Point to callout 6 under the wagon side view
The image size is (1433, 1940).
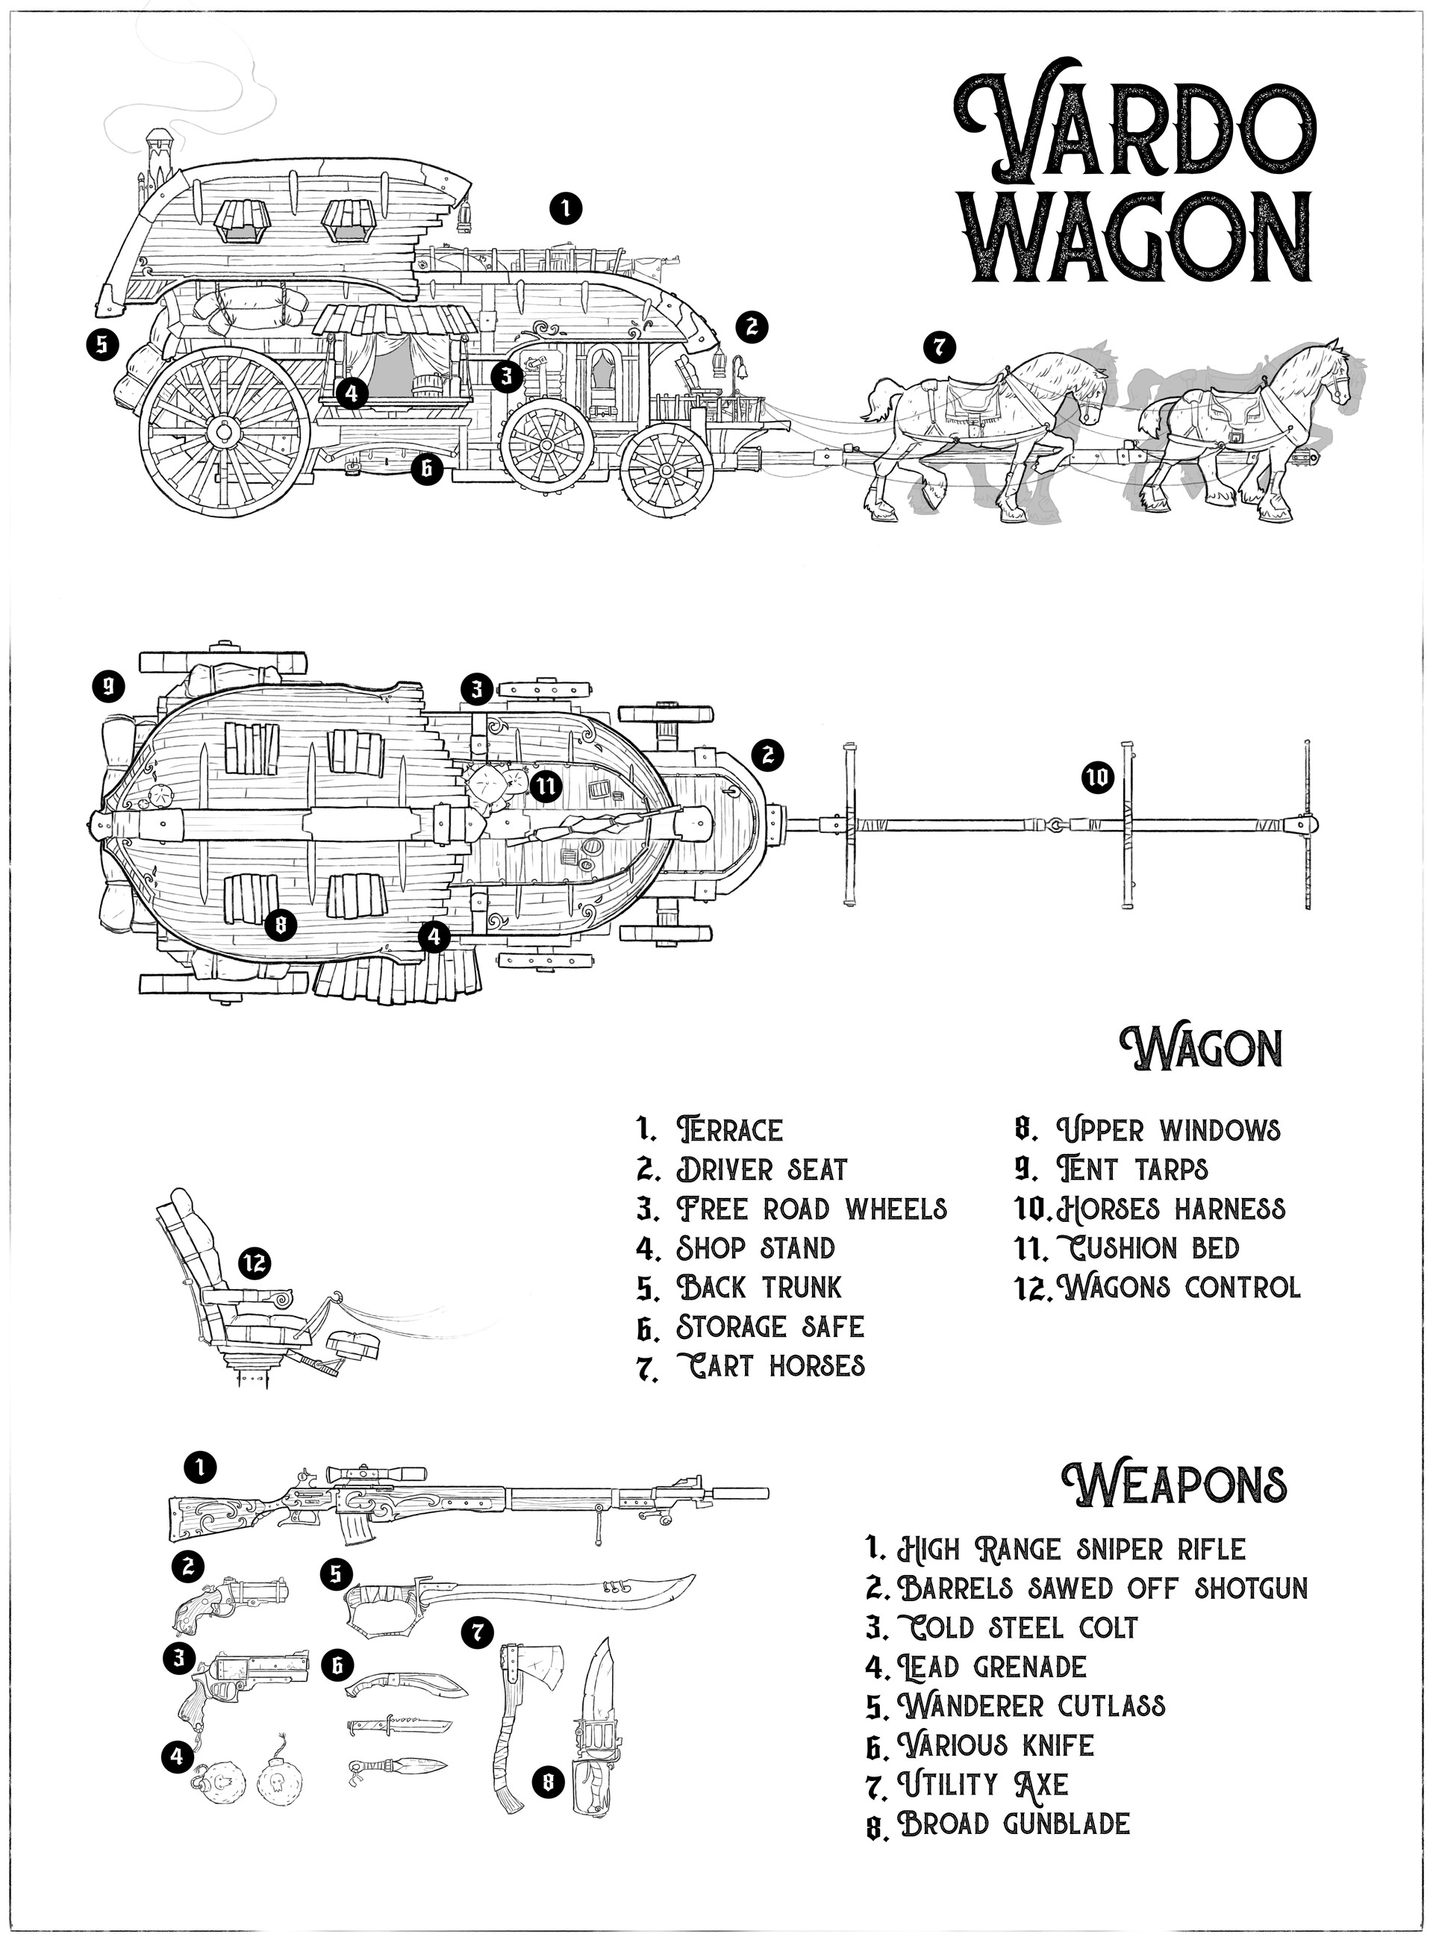[x=426, y=470]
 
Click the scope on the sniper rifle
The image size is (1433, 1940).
[x=375, y=1473]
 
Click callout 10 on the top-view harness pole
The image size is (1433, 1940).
[x=1096, y=779]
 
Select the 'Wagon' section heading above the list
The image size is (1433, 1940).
[x=1201, y=1049]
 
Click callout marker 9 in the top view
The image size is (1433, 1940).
[x=108, y=688]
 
